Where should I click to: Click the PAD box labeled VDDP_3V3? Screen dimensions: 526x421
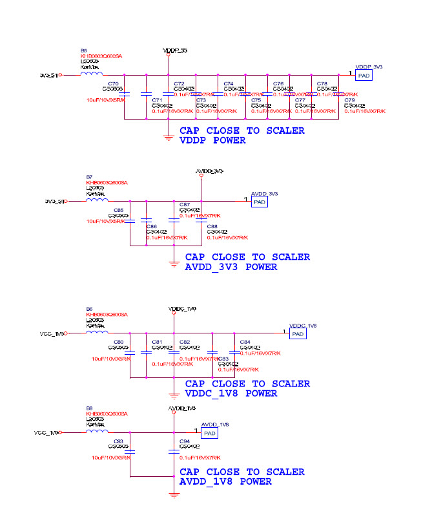[364, 76]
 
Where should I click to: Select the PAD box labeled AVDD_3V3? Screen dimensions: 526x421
[260, 202]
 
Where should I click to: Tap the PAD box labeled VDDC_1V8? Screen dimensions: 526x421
[298, 333]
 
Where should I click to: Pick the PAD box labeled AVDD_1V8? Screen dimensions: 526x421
[209, 433]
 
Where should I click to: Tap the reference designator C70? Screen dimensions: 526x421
[113, 84]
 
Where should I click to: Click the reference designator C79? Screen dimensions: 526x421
[349, 100]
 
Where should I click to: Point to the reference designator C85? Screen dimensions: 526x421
[118, 211]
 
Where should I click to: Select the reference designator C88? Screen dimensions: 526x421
[212, 226]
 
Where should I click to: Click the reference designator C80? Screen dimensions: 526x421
[118, 342]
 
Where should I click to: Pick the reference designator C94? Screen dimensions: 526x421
[185, 441]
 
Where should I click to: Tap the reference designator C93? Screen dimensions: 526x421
[118, 441]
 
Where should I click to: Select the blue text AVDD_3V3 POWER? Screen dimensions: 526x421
[231, 266]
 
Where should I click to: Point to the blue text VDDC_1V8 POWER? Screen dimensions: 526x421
[231, 393]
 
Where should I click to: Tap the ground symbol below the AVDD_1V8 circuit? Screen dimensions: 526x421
[173, 496]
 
